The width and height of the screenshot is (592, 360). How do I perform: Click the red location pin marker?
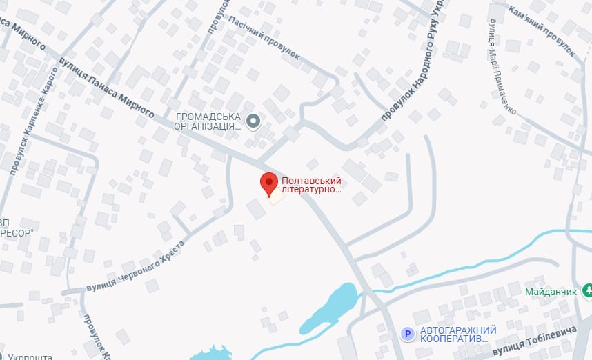tap(269, 184)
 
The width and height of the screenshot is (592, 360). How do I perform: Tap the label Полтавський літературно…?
tap(312, 185)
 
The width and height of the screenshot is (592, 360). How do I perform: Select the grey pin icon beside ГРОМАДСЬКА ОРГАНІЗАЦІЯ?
tap(253, 122)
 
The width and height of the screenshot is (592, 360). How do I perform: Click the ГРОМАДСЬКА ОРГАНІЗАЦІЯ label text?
tap(208, 121)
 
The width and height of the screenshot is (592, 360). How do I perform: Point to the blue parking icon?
tap(408, 334)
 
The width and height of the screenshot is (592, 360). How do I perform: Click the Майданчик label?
tap(550, 292)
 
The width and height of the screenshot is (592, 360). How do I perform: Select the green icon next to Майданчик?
tap(587, 291)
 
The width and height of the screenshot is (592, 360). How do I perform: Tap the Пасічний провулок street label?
tap(263, 39)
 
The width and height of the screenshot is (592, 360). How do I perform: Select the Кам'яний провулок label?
tap(542, 30)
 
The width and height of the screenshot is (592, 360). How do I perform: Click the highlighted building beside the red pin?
tap(277, 197)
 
